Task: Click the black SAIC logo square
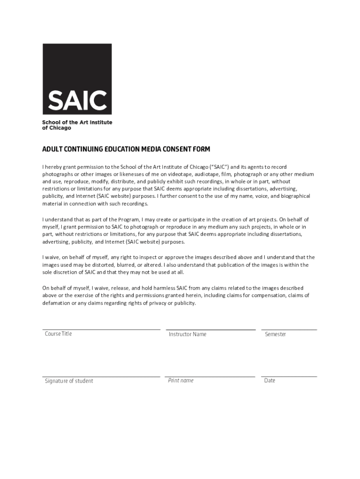pyautogui.click(x=77, y=79)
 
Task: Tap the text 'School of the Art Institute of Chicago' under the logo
pyautogui.click(x=77, y=125)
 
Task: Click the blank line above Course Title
pyautogui.click(x=101, y=329)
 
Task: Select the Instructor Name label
pyautogui.click(x=187, y=334)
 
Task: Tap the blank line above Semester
pyautogui.click(x=289, y=329)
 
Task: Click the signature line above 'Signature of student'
pyautogui.click(x=101, y=376)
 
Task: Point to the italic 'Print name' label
pyautogui.click(x=180, y=380)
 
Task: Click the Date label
pyautogui.click(x=270, y=380)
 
